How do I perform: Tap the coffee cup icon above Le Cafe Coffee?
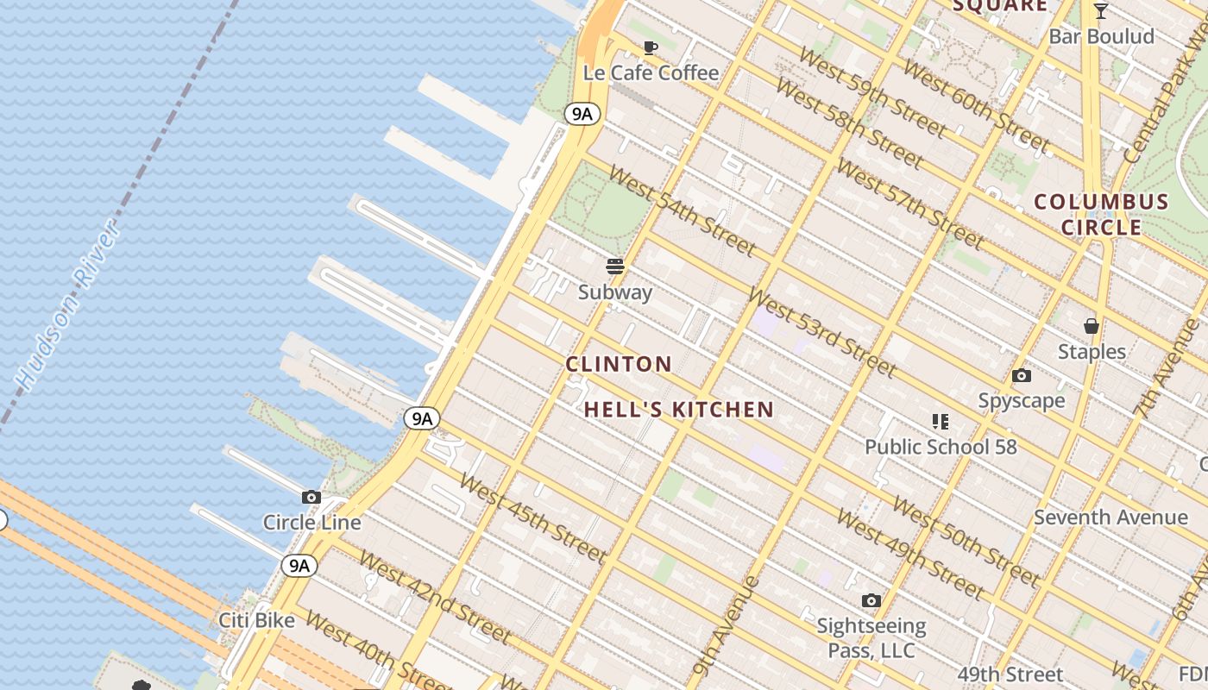point(651,47)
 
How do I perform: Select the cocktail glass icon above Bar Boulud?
point(1101,11)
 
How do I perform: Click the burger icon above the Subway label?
point(615,267)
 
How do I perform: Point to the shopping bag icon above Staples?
point(1092,326)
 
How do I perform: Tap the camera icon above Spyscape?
point(1022,376)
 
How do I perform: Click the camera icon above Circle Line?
point(311,498)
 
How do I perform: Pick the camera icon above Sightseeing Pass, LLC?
point(871,600)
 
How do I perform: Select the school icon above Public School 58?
point(941,422)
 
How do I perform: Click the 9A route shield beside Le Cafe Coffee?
point(582,113)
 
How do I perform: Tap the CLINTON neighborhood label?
point(619,364)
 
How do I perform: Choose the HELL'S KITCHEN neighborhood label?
point(679,410)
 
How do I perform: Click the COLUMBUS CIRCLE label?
point(1102,215)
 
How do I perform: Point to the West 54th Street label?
point(682,210)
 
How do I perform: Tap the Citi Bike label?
point(256,620)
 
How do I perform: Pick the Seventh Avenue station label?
point(1110,517)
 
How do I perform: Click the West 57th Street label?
point(909,204)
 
